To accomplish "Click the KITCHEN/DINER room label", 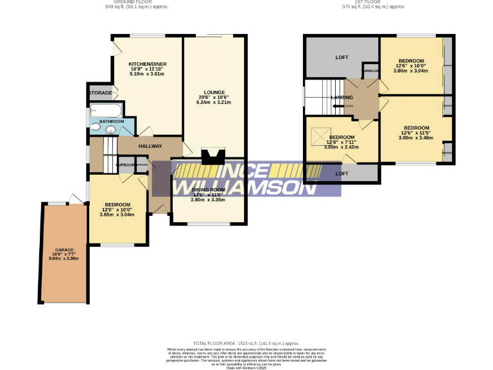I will [x=147, y=64].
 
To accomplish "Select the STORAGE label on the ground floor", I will [x=100, y=93].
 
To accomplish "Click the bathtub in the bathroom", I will [x=103, y=110].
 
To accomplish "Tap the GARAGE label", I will [x=64, y=249].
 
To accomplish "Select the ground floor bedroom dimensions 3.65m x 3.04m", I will [x=117, y=215].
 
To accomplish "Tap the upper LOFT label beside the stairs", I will [x=342, y=58].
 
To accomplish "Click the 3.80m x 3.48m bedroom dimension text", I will [x=417, y=137].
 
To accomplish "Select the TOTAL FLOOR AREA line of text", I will [x=246, y=344].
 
